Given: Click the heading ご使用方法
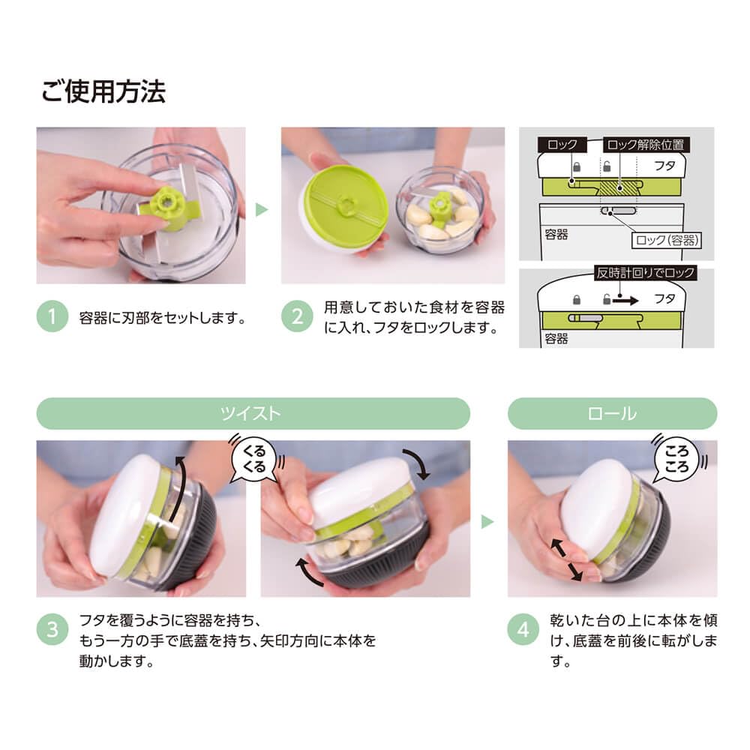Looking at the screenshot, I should [103, 91].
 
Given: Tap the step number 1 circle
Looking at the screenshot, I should [52, 317].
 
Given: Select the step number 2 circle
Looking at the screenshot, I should [296, 317].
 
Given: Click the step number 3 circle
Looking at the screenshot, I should [52, 630].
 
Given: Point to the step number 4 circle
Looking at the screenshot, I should [523, 630].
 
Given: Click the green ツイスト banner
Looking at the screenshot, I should [253, 413].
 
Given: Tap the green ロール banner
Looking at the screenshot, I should [612, 413].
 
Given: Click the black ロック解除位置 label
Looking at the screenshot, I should [644, 145].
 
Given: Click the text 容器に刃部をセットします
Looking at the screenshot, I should [163, 317].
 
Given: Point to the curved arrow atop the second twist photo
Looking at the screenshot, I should [415, 463].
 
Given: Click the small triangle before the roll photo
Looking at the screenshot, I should [487, 522].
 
